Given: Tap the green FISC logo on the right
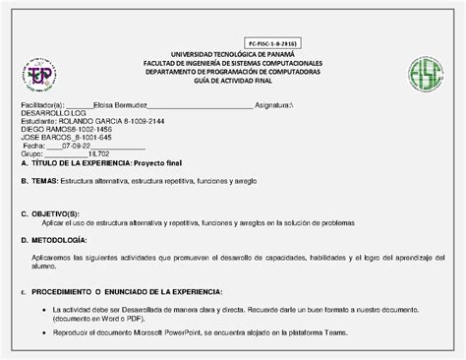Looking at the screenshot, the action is click(427, 74).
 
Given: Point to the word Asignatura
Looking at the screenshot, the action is click(278, 104).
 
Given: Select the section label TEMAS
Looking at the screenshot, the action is click(44, 182).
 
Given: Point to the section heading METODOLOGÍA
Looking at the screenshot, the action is click(59, 239).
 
